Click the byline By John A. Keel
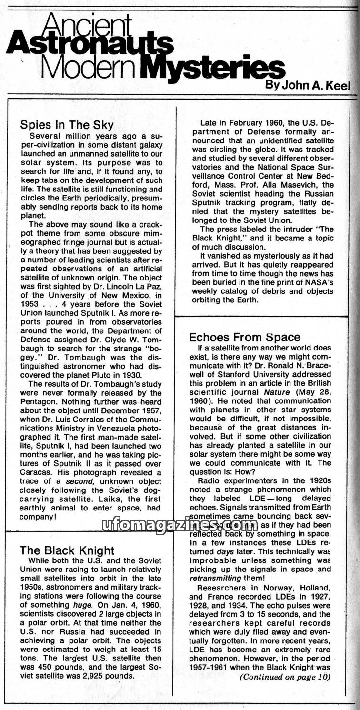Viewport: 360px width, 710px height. pyautogui.click(x=309, y=85)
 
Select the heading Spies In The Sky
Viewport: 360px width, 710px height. pyautogui.click(x=67, y=125)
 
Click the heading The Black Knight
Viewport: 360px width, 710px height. pyautogui.click(x=67, y=550)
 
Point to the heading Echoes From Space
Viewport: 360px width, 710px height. pyautogui.click(x=245, y=337)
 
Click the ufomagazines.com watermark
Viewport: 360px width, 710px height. pyautogui.click(x=180, y=525)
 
